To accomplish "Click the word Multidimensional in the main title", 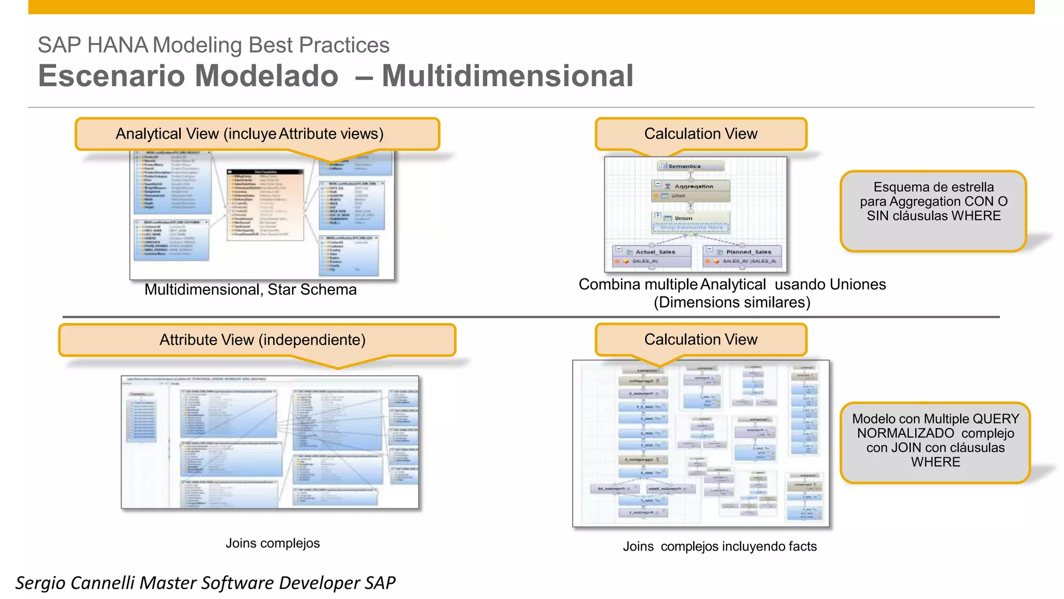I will coord(507,76).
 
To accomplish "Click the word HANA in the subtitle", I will coord(117,45).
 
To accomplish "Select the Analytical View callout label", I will coord(249,134).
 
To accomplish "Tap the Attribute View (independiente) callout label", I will coord(262,340).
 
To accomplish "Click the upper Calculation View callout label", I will coord(700,134).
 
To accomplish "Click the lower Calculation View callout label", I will coord(700,340).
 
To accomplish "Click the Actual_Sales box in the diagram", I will coord(652,256).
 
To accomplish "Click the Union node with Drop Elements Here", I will coord(690,222).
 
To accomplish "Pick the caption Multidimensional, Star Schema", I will coord(250,289).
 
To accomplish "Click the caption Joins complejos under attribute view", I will coord(272,543).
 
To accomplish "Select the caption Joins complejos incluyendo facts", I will coord(720,547).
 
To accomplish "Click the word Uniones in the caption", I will coord(857,285).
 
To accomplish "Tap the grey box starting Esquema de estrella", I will coord(933,210).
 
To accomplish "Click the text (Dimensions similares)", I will coord(731,302).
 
